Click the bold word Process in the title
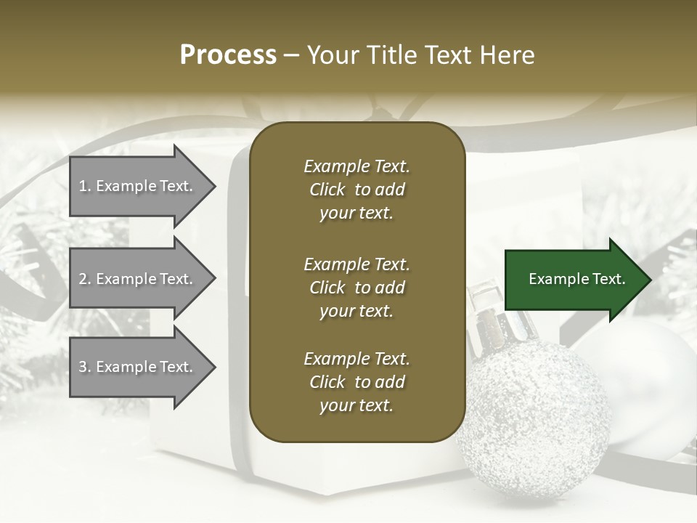(228, 55)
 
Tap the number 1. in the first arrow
(85, 186)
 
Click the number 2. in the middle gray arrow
(85, 279)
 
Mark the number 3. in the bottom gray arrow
(85, 367)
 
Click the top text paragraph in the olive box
(356, 190)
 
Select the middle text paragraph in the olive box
(356, 288)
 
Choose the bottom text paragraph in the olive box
(356, 382)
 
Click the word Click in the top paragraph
(327, 190)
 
